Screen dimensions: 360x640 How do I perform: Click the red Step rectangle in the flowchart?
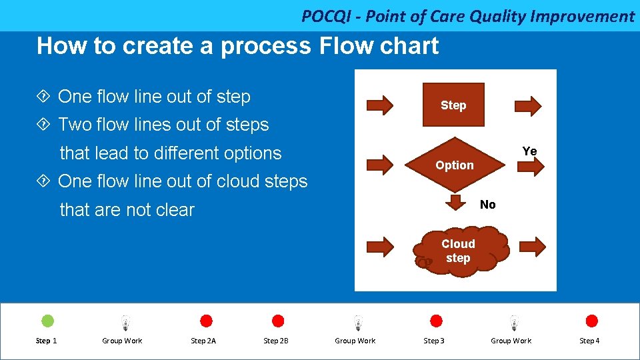pyautogui.click(x=453, y=105)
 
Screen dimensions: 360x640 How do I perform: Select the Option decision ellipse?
pyautogui.click(x=455, y=165)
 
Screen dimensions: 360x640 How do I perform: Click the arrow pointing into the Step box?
pyautogui.click(x=381, y=105)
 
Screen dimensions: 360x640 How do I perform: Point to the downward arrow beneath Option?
pyautogui.click(x=456, y=203)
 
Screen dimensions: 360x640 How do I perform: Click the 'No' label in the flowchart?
pyautogui.click(x=488, y=205)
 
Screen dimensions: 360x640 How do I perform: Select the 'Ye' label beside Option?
pyautogui.click(x=530, y=151)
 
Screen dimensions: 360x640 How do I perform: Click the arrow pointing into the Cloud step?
pyautogui.click(x=381, y=246)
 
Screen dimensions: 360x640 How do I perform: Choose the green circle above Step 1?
pyautogui.click(x=48, y=321)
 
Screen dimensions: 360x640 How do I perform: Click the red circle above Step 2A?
pyautogui.click(x=206, y=321)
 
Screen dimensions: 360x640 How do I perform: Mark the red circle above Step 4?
pyautogui.click(x=591, y=321)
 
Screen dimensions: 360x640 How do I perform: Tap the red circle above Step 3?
pyautogui.click(x=436, y=321)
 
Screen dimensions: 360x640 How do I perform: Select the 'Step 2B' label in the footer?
pyautogui.click(x=276, y=341)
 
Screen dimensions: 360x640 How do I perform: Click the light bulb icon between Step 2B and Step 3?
pyautogui.click(x=358, y=323)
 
